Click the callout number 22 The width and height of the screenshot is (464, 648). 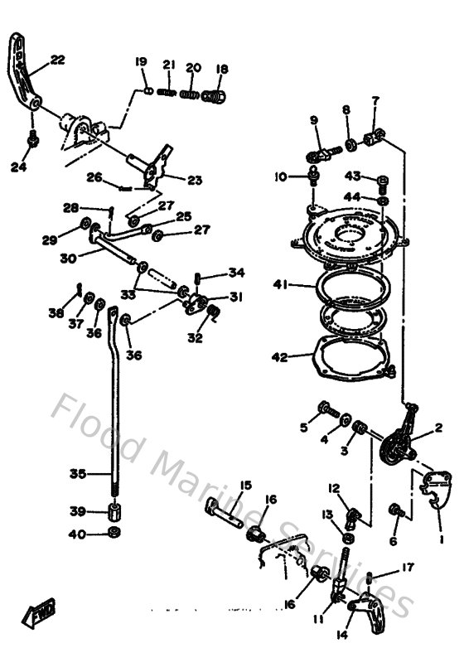57,60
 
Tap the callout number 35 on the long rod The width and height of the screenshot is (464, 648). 77,474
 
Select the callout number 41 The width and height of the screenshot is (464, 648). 281,284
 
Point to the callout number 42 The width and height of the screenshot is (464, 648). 280,357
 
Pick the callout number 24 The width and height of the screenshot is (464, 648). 18,167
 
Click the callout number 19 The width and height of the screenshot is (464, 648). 140,62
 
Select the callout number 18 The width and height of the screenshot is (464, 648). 221,69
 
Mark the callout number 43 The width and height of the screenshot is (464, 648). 353,176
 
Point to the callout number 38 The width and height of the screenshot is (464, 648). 56,313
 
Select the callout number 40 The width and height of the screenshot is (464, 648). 76,534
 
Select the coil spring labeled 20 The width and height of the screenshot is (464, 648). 190,94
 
